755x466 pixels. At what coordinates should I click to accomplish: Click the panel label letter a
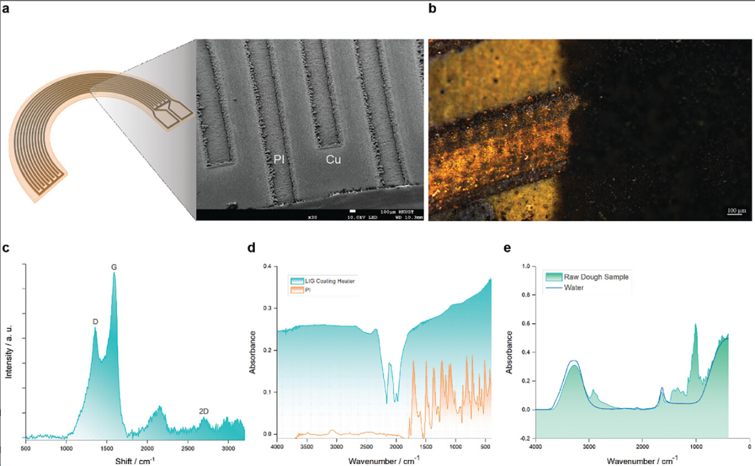tap(6, 9)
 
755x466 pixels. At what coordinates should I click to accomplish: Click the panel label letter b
tap(432, 9)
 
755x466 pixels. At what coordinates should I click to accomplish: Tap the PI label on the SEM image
tap(279, 159)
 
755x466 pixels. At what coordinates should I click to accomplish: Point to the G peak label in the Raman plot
tap(113, 267)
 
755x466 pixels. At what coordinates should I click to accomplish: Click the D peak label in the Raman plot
tap(95, 321)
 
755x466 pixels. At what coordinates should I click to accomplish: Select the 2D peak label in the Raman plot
tap(204, 411)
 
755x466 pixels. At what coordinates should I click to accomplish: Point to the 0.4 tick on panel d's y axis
tap(267, 266)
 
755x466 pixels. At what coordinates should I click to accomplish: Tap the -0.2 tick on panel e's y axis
tap(524, 438)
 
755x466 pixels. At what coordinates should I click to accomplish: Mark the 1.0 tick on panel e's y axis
tap(525, 266)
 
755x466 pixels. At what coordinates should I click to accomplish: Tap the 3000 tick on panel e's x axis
tap(589, 445)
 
